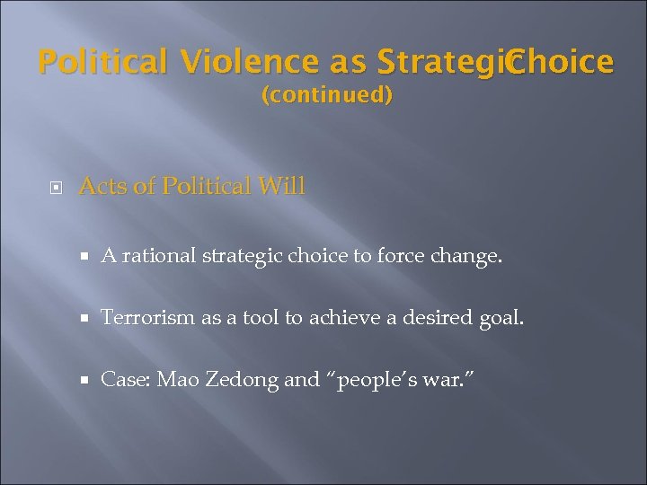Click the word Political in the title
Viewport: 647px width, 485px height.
(103, 62)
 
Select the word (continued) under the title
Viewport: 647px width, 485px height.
(326, 95)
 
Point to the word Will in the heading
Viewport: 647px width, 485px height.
(281, 187)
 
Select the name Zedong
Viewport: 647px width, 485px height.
(243, 381)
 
